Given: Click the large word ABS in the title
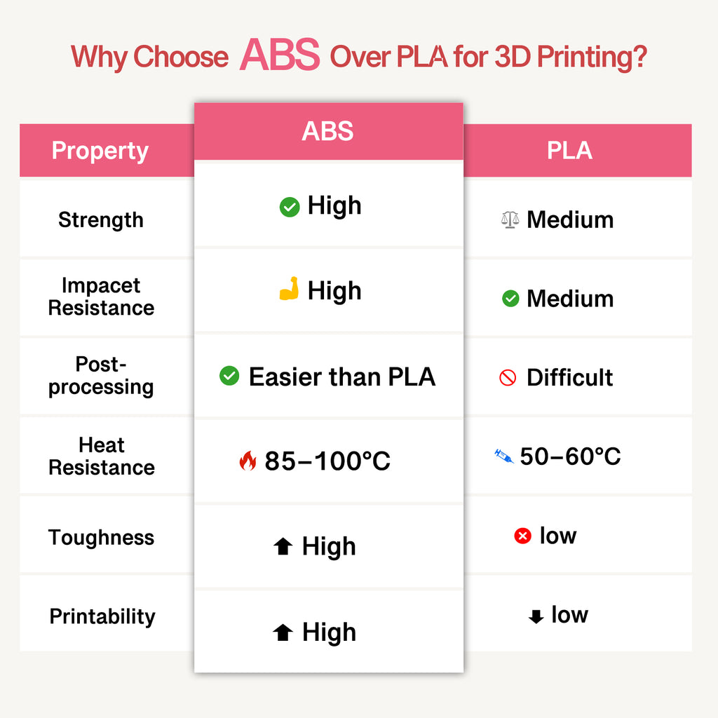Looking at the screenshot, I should click(x=279, y=55).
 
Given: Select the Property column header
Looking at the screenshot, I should click(x=100, y=151).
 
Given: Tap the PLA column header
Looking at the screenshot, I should click(x=569, y=151).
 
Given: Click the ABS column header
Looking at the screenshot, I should click(x=327, y=131).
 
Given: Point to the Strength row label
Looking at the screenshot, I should click(x=100, y=220).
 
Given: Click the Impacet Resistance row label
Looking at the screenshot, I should click(x=101, y=297).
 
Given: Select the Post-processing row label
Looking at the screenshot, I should click(x=101, y=376).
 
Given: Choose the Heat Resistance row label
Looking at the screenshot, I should click(x=101, y=456).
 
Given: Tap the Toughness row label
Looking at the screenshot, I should click(x=101, y=538).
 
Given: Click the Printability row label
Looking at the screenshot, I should click(x=102, y=617).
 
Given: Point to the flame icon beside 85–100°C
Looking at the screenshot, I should click(x=248, y=461).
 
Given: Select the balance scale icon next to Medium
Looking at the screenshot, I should click(x=510, y=220).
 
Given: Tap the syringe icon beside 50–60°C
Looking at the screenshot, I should click(x=503, y=457).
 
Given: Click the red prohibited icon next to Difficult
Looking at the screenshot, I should click(x=508, y=378).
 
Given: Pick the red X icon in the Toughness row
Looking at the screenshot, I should click(x=522, y=536).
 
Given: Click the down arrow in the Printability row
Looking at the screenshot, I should click(x=536, y=616).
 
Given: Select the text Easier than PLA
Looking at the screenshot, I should click(x=341, y=377).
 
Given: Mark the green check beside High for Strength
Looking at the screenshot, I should click(x=290, y=207).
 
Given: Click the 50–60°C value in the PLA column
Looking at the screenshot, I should click(x=570, y=456).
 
